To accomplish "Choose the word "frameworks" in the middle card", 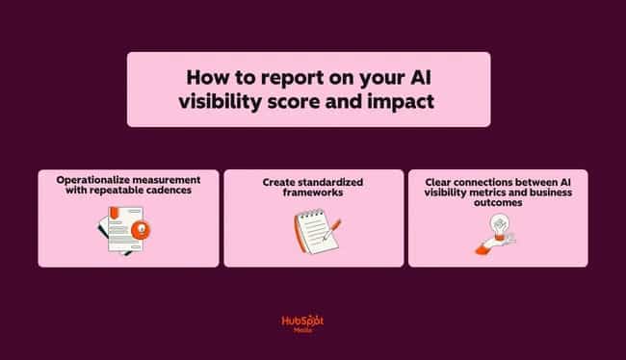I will coord(314,192).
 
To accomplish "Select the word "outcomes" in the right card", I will coord(498,202).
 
